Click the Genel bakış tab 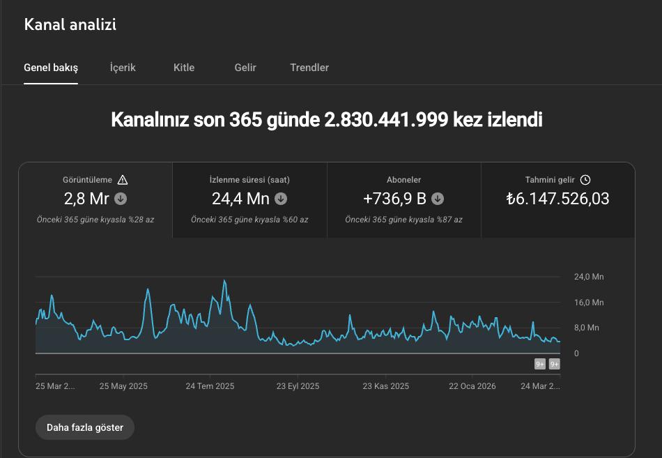tap(51, 68)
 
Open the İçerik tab tap(123, 68)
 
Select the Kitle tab tap(184, 68)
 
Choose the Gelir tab tap(245, 68)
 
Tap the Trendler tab tap(309, 68)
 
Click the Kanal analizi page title tap(70, 24)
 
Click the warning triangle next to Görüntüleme tap(123, 180)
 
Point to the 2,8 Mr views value tap(86, 199)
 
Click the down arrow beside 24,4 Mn tap(281, 199)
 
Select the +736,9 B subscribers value tap(394, 199)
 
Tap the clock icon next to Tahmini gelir tap(585, 180)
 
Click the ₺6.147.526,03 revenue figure tap(557, 199)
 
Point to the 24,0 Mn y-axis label tap(589, 277)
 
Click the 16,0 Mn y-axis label tap(589, 303)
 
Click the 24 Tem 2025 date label tap(210, 386)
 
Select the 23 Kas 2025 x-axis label tap(386, 386)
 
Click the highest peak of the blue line tap(224, 280)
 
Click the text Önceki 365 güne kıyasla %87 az tap(403, 219)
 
